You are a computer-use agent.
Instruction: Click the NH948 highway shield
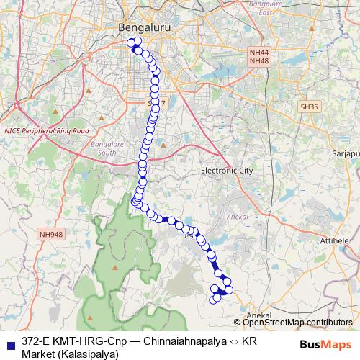point(52,234)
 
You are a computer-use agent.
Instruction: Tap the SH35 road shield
point(309,106)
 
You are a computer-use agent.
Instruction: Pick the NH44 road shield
point(258,53)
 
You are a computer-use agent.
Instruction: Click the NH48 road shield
point(258,62)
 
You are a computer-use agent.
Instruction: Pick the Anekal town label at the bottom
point(258,315)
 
